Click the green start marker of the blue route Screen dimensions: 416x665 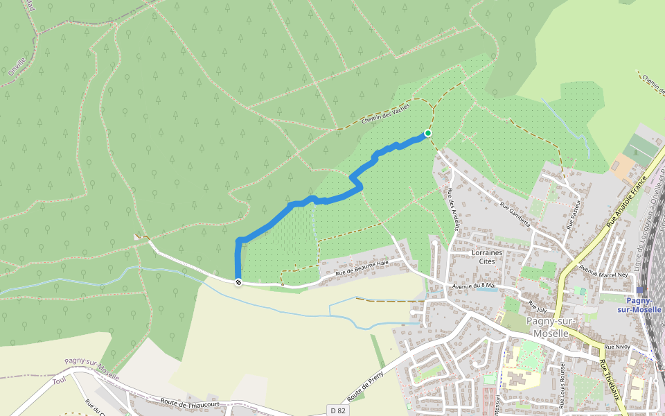428,133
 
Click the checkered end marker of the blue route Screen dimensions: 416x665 238,282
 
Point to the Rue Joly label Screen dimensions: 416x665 538,304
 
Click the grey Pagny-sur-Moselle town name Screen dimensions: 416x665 547,327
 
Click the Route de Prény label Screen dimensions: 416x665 366,383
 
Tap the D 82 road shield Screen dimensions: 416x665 338,410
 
